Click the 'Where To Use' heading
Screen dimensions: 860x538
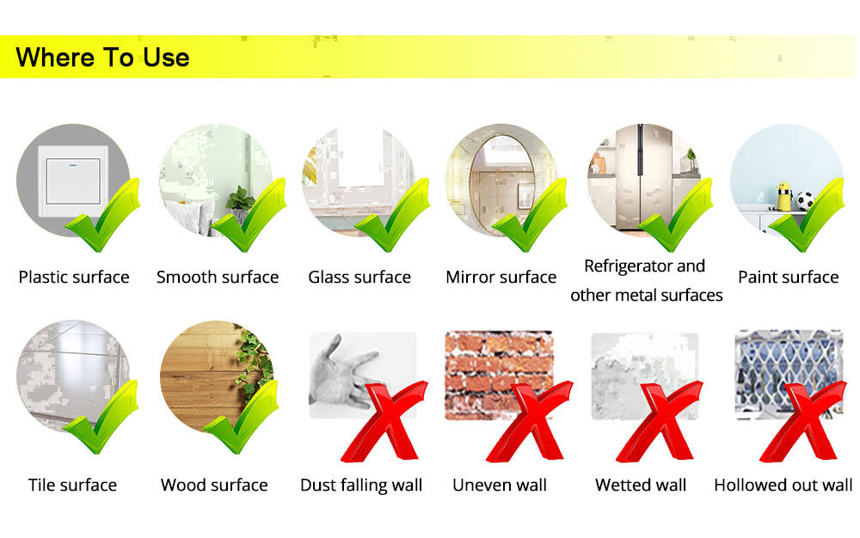tap(102, 58)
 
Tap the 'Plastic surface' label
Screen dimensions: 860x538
tap(74, 278)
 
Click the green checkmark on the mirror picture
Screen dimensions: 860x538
tap(529, 216)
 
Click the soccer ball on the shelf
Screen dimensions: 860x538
tap(805, 201)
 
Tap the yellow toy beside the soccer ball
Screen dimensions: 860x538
tap(785, 197)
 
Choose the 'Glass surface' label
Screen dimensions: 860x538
tap(359, 278)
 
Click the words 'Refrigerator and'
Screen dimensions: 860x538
tap(644, 266)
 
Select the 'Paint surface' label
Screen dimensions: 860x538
tap(788, 278)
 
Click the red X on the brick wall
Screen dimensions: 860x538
tap(529, 421)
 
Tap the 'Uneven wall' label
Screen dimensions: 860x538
tap(500, 485)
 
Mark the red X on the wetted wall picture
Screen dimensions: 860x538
tap(659, 421)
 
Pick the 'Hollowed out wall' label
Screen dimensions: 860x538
tap(783, 485)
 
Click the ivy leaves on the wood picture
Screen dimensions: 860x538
tap(254, 363)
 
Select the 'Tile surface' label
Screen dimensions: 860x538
tap(72, 485)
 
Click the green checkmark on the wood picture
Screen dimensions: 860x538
tap(241, 417)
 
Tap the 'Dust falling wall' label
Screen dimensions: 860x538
tap(361, 485)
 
